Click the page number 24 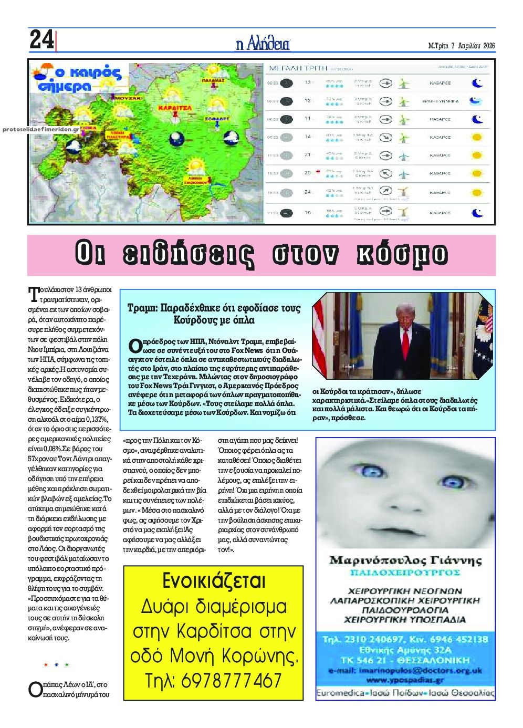click(41, 40)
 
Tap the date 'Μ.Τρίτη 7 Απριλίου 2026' click(462, 46)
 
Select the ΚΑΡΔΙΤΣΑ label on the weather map click(175, 108)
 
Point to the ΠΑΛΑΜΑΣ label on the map click(213, 80)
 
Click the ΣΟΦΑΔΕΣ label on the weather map click(217, 119)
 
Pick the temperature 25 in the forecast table click(308, 172)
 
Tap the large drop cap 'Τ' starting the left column click(35, 293)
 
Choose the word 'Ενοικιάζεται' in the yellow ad click(214, 581)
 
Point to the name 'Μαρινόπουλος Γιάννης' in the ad click(405, 560)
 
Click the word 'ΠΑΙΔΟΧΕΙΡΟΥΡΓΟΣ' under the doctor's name click(405, 572)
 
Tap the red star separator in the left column click(46, 665)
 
